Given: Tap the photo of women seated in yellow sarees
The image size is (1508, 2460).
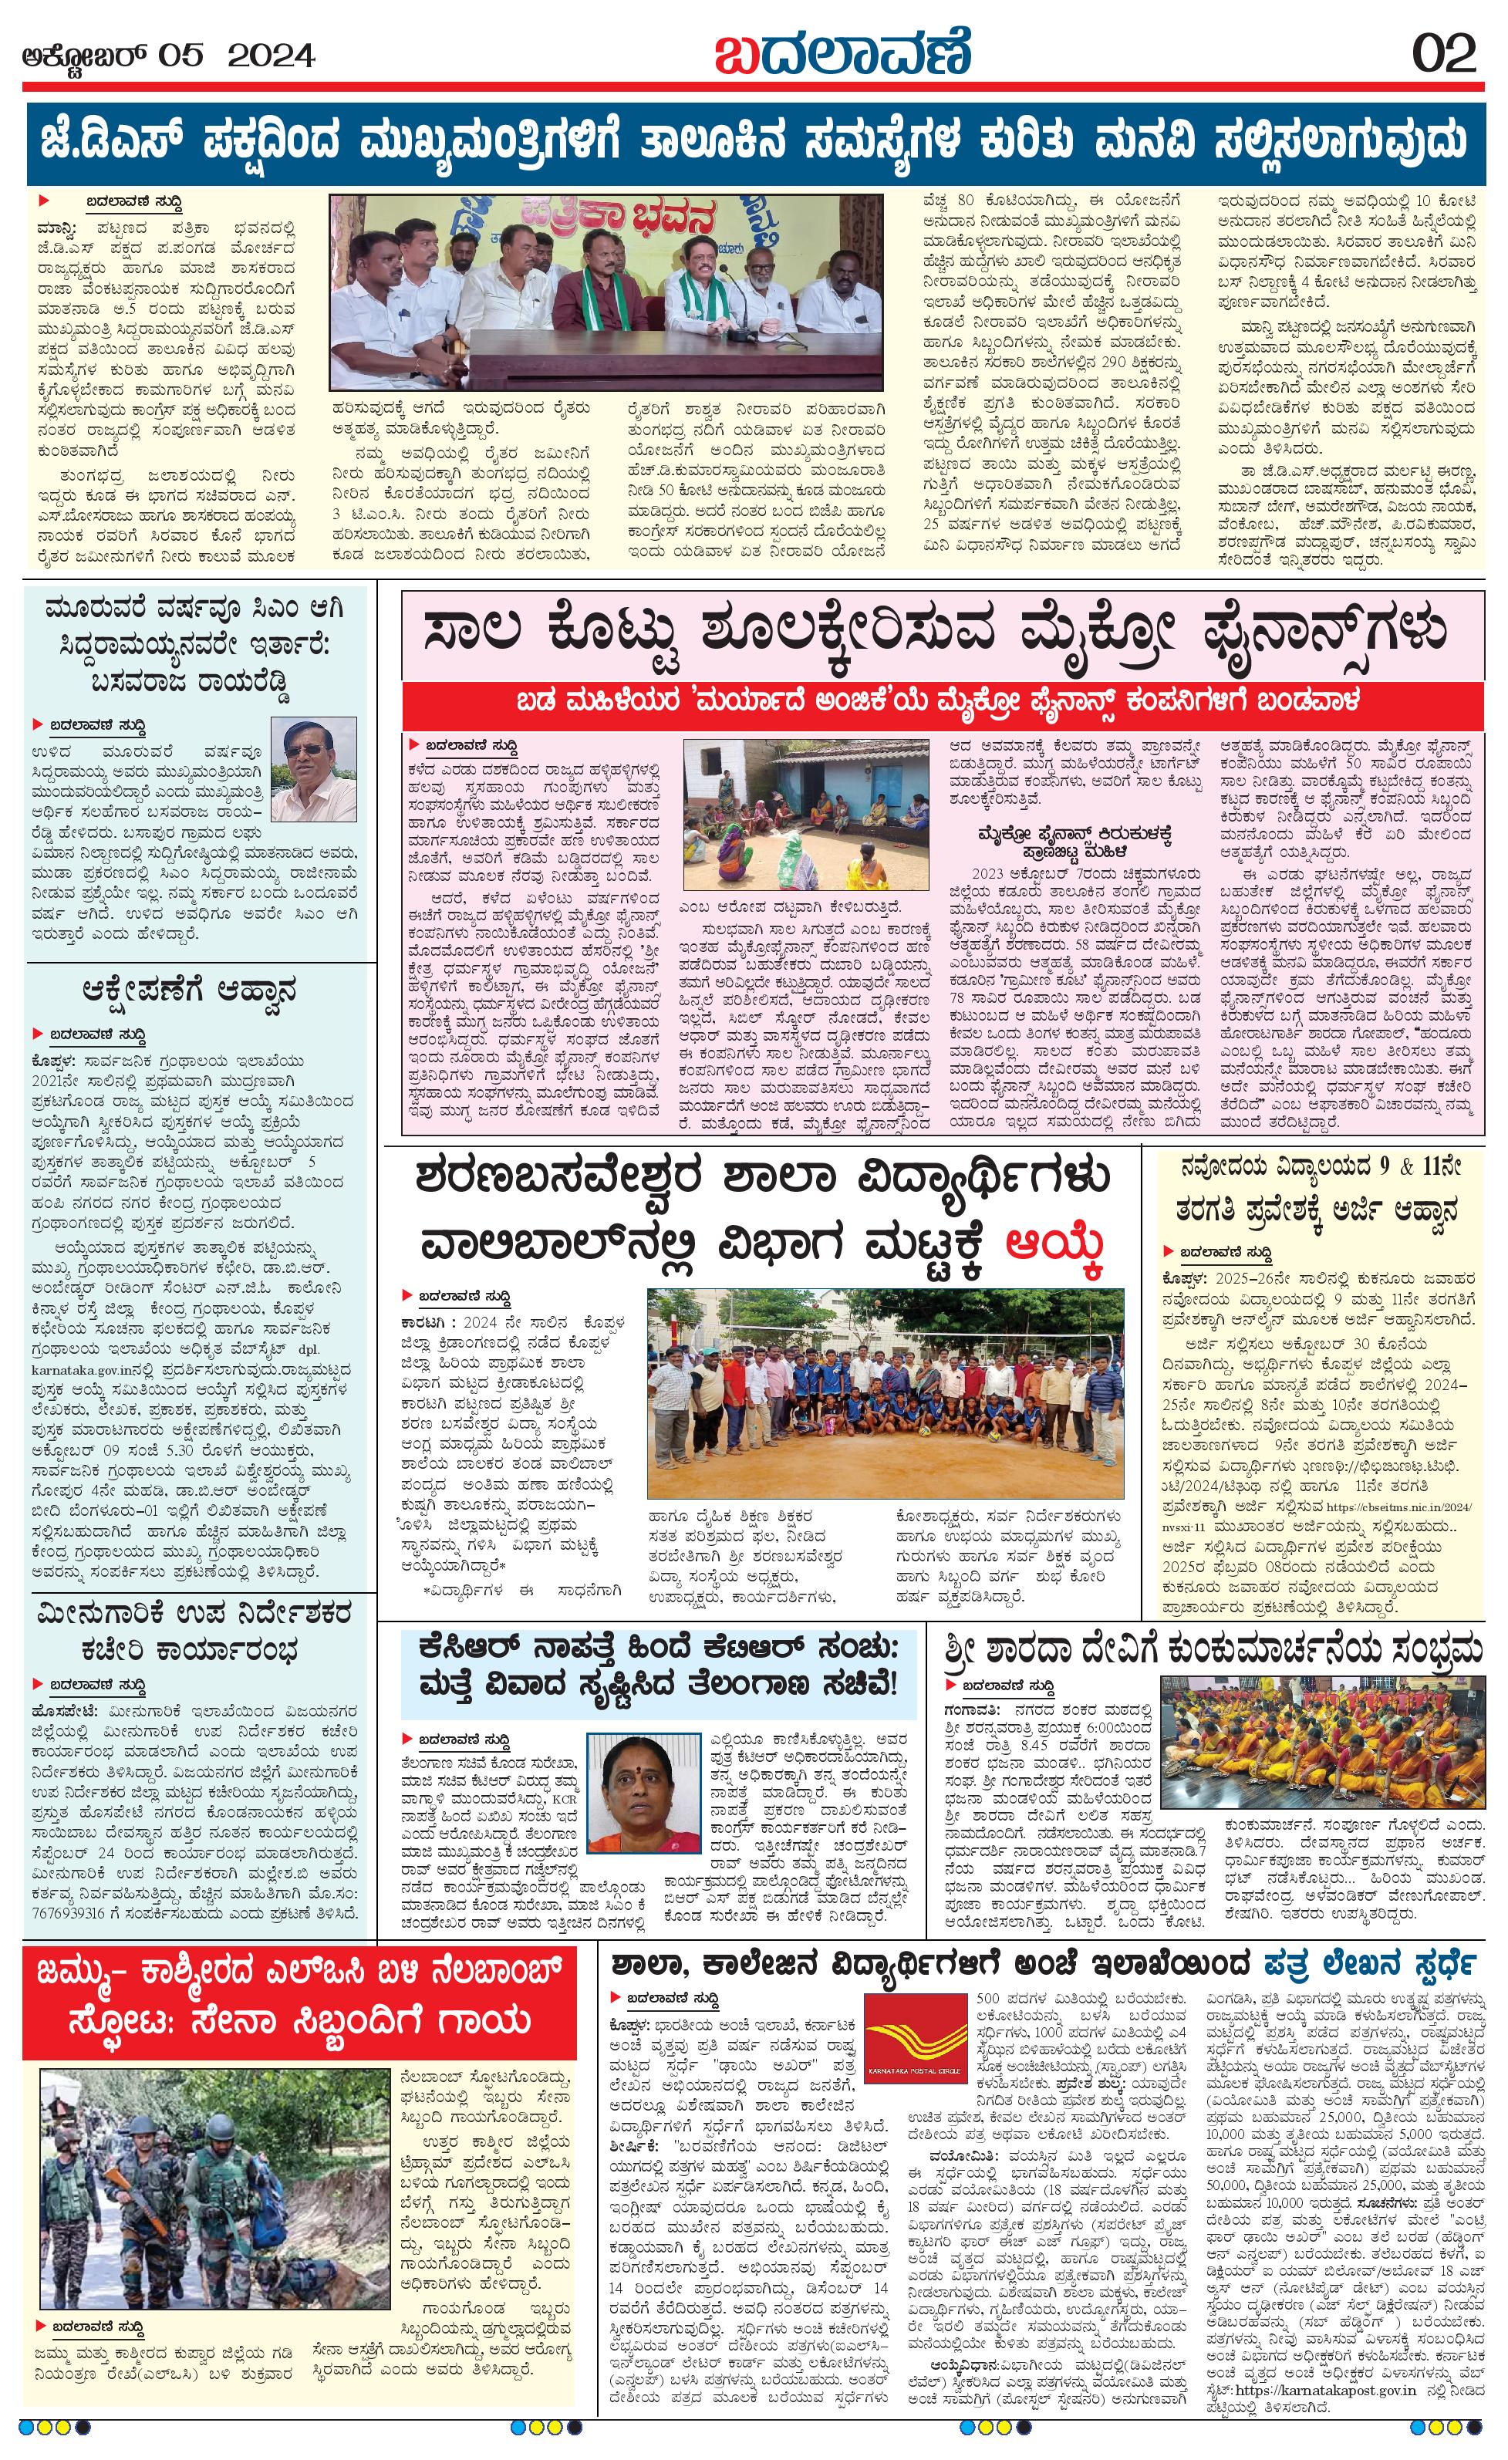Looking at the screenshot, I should [1321, 1736].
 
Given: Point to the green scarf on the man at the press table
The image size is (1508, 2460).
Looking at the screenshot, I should [697, 292].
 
